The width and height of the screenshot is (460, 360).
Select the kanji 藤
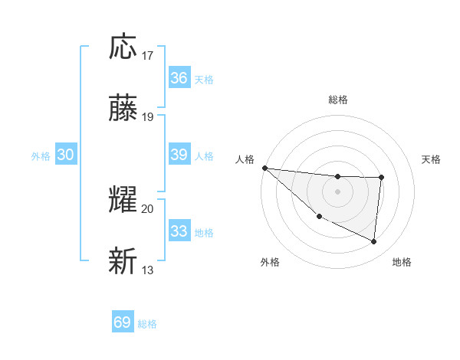[x=123, y=109]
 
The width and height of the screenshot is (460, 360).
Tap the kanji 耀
[x=123, y=200]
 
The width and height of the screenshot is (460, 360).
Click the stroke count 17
[x=148, y=56]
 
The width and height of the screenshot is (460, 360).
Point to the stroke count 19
[x=148, y=117]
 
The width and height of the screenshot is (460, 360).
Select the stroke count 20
[x=148, y=208]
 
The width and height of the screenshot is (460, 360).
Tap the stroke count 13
[x=148, y=270]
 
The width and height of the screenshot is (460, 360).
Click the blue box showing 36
[x=179, y=78]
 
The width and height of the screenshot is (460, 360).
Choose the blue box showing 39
[x=179, y=155]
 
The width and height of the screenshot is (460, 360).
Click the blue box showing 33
[x=179, y=231]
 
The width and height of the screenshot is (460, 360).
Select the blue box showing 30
[x=66, y=155]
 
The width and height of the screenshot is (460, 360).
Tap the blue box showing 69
[x=123, y=322]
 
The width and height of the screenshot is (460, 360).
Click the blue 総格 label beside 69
[x=147, y=324]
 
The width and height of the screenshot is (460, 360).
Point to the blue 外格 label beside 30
[x=41, y=156]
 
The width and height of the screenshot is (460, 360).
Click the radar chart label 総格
[x=338, y=100]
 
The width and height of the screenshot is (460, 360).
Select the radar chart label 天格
[x=431, y=159]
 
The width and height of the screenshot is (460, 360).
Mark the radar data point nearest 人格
[x=264, y=168]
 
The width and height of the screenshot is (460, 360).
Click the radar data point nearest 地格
[x=374, y=242]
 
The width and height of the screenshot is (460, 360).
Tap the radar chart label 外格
[x=270, y=262]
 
